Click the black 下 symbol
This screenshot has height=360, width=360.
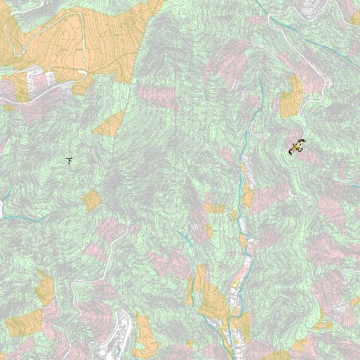[x=70, y=161]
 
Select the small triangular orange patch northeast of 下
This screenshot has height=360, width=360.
[x=109, y=124]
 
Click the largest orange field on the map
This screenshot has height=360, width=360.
[x=81, y=37]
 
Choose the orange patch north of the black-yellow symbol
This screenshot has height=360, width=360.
[x=291, y=97]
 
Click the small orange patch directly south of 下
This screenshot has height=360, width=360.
[x=91, y=200]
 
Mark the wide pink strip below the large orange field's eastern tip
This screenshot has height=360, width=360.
[x=156, y=96]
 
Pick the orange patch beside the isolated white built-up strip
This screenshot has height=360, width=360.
[x=144, y=331]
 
